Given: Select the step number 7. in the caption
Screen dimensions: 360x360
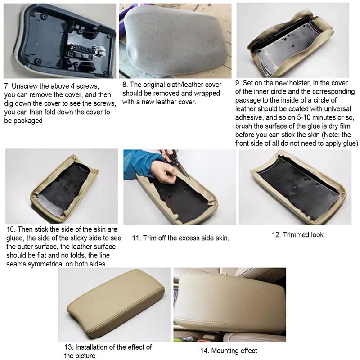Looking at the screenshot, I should (7, 85).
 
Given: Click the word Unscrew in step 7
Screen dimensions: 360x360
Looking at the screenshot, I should (25, 85).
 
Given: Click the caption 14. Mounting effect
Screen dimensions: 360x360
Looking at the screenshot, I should (228, 351).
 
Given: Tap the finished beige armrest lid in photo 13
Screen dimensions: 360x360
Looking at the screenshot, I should (115, 304).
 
